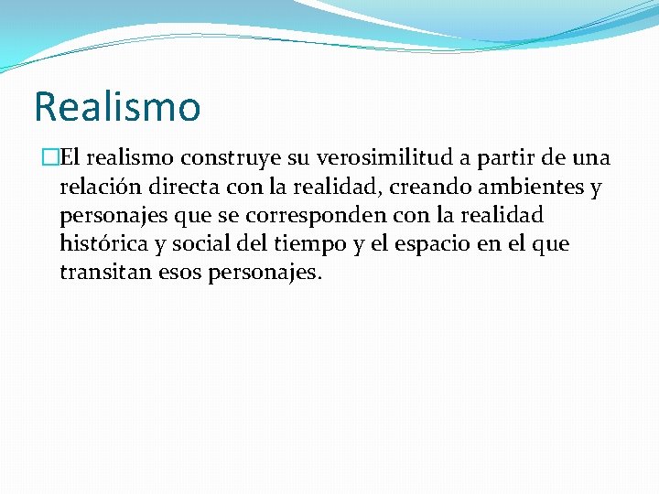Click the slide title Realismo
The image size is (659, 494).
coord(117,106)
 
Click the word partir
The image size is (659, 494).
coord(494,159)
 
